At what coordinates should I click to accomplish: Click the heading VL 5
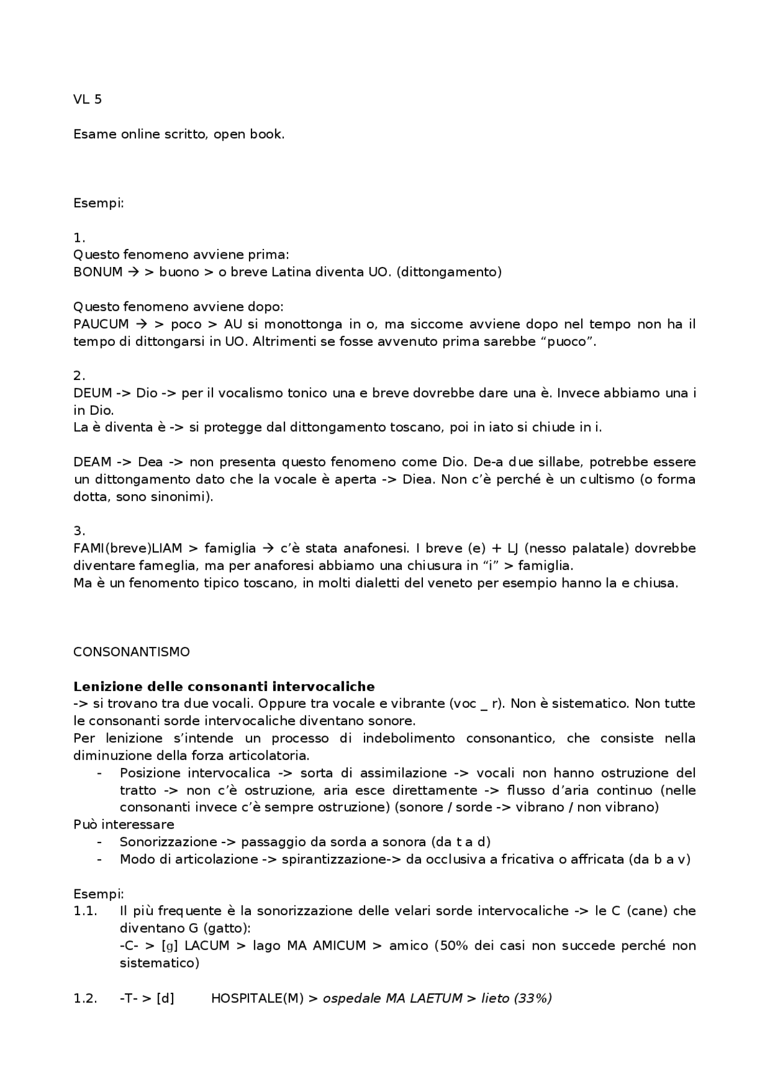click(87, 100)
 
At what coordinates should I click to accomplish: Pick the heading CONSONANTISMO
click(131, 652)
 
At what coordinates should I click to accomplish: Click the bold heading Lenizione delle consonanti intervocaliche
click(224, 687)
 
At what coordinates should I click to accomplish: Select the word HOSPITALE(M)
click(257, 998)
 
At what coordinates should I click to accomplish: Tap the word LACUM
click(207, 946)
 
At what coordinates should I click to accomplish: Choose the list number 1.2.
click(85, 998)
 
